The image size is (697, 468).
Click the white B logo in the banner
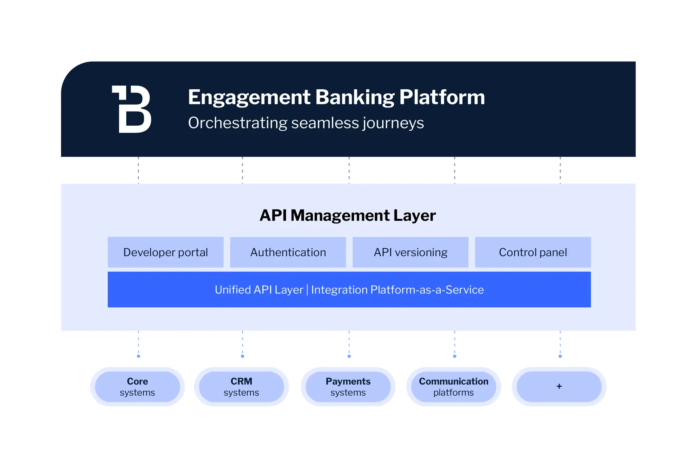pyautogui.click(x=132, y=109)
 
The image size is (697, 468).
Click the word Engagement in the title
pyautogui.click(x=249, y=97)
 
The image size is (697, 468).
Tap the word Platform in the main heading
pyautogui.click(x=442, y=97)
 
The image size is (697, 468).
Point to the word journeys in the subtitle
pyautogui.click(x=393, y=123)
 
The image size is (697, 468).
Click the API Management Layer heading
pyautogui.click(x=347, y=215)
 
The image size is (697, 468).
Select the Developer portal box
pyautogui.click(x=166, y=252)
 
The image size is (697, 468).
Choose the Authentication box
pyautogui.click(x=288, y=252)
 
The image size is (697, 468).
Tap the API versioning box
pyautogui.click(x=410, y=252)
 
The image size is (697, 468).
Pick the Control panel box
pyautogui.click(x=533, y=252)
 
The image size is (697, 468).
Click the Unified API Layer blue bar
pyautogui.click(x=349, y=289)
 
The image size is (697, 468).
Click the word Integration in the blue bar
pyautogui.click(x=339, y=290)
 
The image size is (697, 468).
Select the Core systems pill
pyautogui.click(x=137, y=387)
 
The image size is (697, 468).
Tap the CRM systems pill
pyautogui.click(x=241, y=387)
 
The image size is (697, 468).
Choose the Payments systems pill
pyautogui.click(x=348, y=387)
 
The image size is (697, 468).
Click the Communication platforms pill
pyautogui.click(x=453, y=387)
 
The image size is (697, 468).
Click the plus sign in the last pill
pyautogui.click(x=559, y=386)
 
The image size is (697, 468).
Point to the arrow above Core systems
pyautogui.click(x=138, y=346)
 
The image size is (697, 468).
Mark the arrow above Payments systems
pyautogui.click(x=349, y=346)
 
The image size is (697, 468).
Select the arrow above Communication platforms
pyautogui.click(x=454, y=346)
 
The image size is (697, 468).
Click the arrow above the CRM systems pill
pyautogui.click(x=242, y=346)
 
